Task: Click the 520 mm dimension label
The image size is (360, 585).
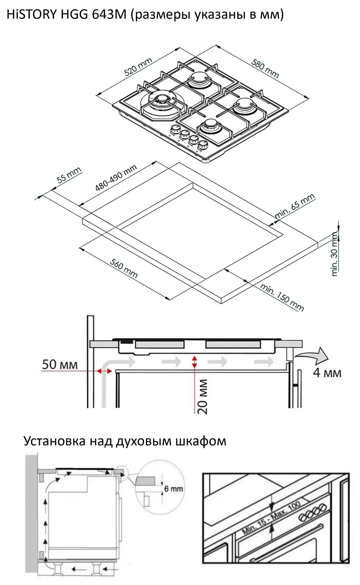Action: [138, 67]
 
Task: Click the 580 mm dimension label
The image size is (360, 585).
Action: [265, 68]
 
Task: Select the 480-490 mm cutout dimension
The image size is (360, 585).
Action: [116, 178]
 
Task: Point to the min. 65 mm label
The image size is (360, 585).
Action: [295, 206]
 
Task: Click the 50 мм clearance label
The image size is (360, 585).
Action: [59, 365]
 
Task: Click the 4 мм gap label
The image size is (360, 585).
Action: [327, 373]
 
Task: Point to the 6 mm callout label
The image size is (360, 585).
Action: [173, 489]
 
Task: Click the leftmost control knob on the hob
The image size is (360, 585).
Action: [175, 130]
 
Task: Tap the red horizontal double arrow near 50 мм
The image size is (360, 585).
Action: [104, 371]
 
